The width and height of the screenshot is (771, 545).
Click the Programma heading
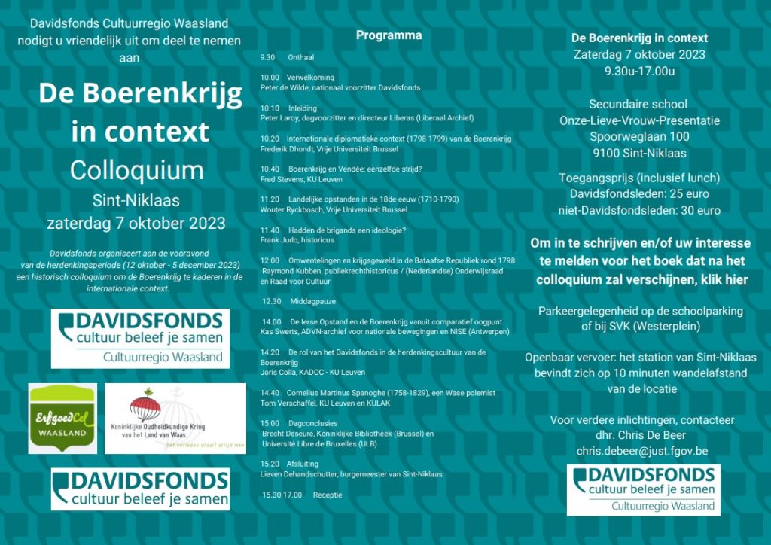click(389, 35)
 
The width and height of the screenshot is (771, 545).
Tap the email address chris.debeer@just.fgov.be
click(641, 450)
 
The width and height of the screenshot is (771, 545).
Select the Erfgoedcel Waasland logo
click(62, 419)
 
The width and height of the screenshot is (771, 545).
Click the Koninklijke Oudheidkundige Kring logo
click(175, 419)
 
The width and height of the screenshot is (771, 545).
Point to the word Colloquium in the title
click(136, 170)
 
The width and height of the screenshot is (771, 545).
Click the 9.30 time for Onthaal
click(267, 57)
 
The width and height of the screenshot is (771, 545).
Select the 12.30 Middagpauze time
click(271, 301)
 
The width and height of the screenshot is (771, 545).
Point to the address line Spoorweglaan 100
click(639, 136)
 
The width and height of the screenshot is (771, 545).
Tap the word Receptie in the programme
click(328, 495)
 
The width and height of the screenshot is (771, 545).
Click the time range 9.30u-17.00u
click(639, 71)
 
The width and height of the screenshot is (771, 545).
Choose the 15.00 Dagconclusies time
click(270, 423)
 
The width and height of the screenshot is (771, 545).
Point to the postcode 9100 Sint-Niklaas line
click(639, 153)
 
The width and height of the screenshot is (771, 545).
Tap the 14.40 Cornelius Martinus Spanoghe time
click(270, 392)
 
